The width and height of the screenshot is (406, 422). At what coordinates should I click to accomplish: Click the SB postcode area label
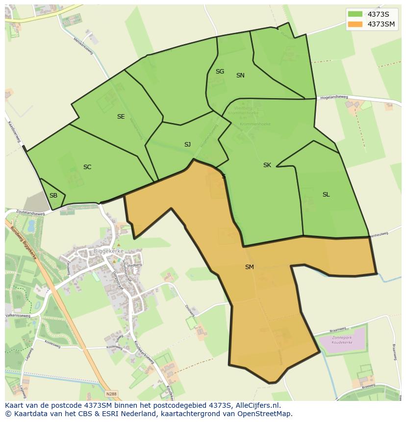coord(53,196)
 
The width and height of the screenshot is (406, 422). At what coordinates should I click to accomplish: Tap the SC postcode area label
coord(87,167)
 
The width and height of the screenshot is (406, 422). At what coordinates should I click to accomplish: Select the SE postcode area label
coord(121,117)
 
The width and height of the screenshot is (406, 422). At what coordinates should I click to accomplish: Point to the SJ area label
coord(187,145)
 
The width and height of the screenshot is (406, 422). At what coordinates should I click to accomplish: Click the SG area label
coord(220,72)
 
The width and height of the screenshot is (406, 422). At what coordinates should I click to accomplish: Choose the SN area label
coord(240,75)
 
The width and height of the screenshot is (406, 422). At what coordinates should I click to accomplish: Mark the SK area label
coord(267,165)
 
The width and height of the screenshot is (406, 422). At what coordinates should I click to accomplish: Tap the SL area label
coord(326,195)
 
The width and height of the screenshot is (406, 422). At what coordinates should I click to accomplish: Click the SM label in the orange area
coord(250,267)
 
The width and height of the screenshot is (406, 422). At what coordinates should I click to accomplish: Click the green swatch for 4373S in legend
coord(355,14)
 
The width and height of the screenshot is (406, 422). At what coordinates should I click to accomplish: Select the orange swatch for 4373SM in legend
coord(355,24)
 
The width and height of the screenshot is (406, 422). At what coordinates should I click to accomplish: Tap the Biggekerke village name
coord(108,251)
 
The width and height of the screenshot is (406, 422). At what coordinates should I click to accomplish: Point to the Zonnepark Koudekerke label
coord(343,341)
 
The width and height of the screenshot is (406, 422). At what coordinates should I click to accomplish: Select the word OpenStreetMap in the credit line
coord(265,414)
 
